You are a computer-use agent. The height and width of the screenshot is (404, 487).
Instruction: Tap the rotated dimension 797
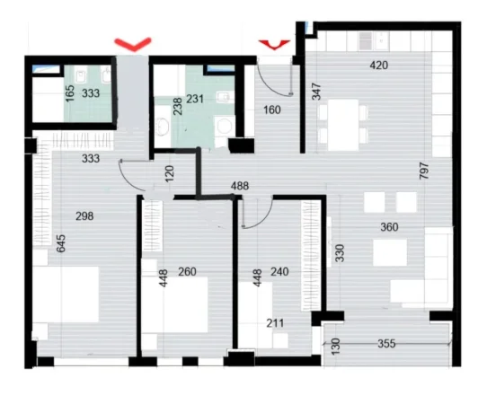(x=424, y=171)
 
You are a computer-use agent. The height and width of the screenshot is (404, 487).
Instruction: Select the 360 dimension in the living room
(x=389, y=227)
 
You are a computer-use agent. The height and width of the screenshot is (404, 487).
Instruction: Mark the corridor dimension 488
(x=239, y=188)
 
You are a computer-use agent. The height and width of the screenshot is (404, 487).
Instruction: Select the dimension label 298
(x=84, y=215)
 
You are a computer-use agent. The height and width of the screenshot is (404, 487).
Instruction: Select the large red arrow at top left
(x=133, y=42)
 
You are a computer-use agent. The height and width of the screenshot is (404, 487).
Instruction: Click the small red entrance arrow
(x=273, y=43)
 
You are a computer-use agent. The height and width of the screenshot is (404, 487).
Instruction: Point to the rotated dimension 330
(x=341, y=254)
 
